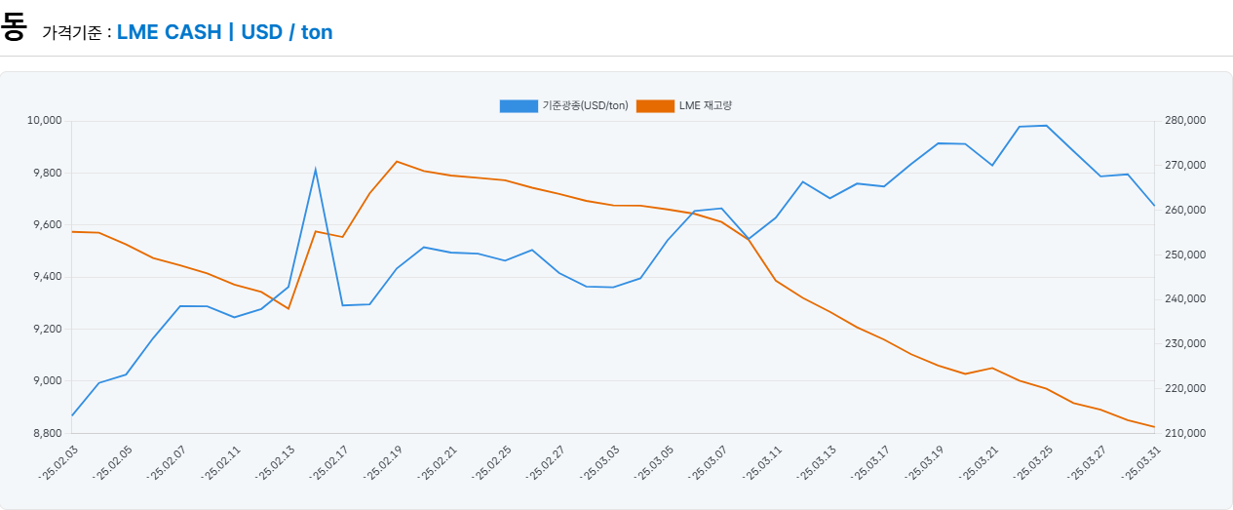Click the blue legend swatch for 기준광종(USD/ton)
click(x=519, y=105)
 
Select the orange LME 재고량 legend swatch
click(x=655, y=105)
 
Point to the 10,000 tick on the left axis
click(x=44, y=121)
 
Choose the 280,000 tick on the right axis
click(x=1186, y=121)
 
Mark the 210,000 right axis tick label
click(x=1186, y=433)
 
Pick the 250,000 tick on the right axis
click(x=1186, y=255)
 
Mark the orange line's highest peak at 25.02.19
click(x=396, y=161)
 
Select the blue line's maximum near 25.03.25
click(x=1046, y=126)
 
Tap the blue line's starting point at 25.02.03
click(x=72, y=415)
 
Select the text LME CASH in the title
click(x=169, y=32)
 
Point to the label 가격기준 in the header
click(x=70, y=33)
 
